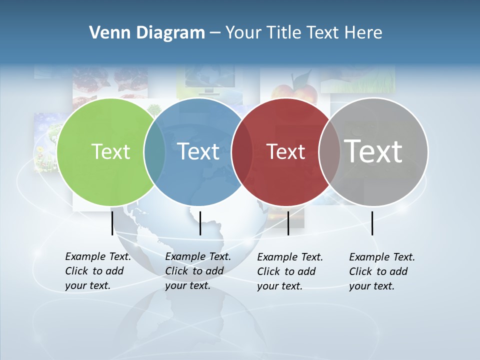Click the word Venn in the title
104,33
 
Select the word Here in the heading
363,33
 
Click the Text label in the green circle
110,151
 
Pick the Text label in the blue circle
198,151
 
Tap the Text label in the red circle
285,151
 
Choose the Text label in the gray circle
373,151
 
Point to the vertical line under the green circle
112,223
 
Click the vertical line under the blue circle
200,223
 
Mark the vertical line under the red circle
288,223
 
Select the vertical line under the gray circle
372,223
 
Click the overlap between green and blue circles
154,152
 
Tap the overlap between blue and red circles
242,152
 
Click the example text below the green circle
98,271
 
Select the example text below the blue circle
198,271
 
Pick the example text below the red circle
290,271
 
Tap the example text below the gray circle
382,271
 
